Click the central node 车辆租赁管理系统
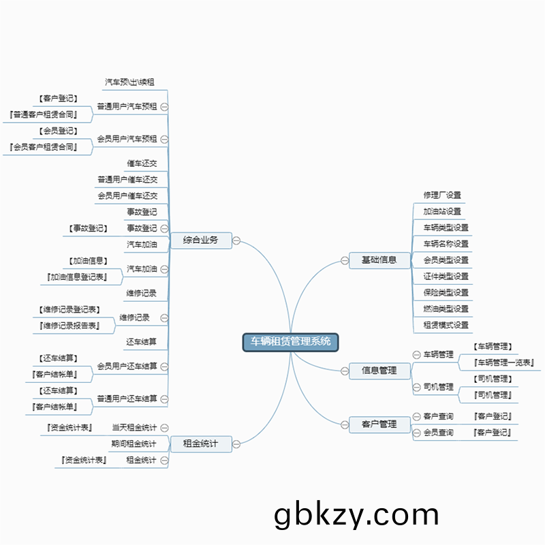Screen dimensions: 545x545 [291, 341]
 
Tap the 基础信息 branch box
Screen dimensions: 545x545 [379, 260]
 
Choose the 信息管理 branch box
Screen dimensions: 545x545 [379, 371]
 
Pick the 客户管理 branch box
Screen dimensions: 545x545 [379, 424]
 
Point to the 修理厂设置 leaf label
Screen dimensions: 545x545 [442, 195]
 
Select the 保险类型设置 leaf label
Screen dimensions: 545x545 [446, 292]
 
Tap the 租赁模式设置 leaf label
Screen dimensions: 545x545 [446, 325]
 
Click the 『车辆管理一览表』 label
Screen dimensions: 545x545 [504, 362]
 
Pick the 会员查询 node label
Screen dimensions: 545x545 [438, 433]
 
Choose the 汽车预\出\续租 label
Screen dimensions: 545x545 [129, 82]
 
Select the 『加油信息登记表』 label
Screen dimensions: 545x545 [78, 277]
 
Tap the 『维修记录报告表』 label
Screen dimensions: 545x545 [69, 326]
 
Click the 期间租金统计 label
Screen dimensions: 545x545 [134, 444]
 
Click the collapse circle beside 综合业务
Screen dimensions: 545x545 [237, 240]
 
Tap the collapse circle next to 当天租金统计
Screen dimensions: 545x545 [165, 428]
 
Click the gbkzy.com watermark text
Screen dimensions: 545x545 [356, 515]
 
